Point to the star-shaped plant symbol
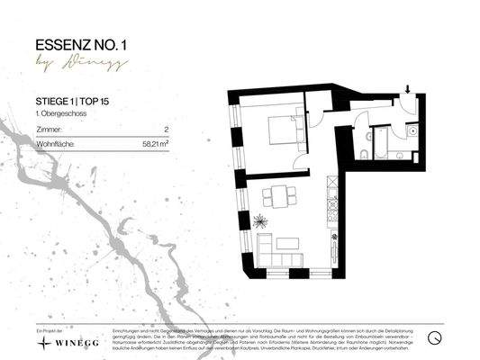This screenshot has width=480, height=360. (x=261, y=220)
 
